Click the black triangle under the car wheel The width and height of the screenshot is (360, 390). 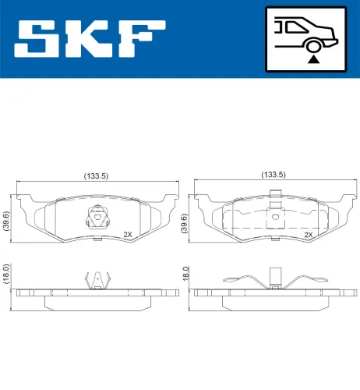pos(312,58)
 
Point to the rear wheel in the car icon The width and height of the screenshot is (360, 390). pos(312,44)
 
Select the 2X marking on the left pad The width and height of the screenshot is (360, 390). pos(127,233)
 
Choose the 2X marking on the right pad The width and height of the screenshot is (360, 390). pos(308,233)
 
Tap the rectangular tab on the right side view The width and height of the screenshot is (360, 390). pos(274,275)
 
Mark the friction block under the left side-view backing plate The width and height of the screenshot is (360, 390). pos(96,301)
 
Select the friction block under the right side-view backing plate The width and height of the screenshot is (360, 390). pos(273,301)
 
